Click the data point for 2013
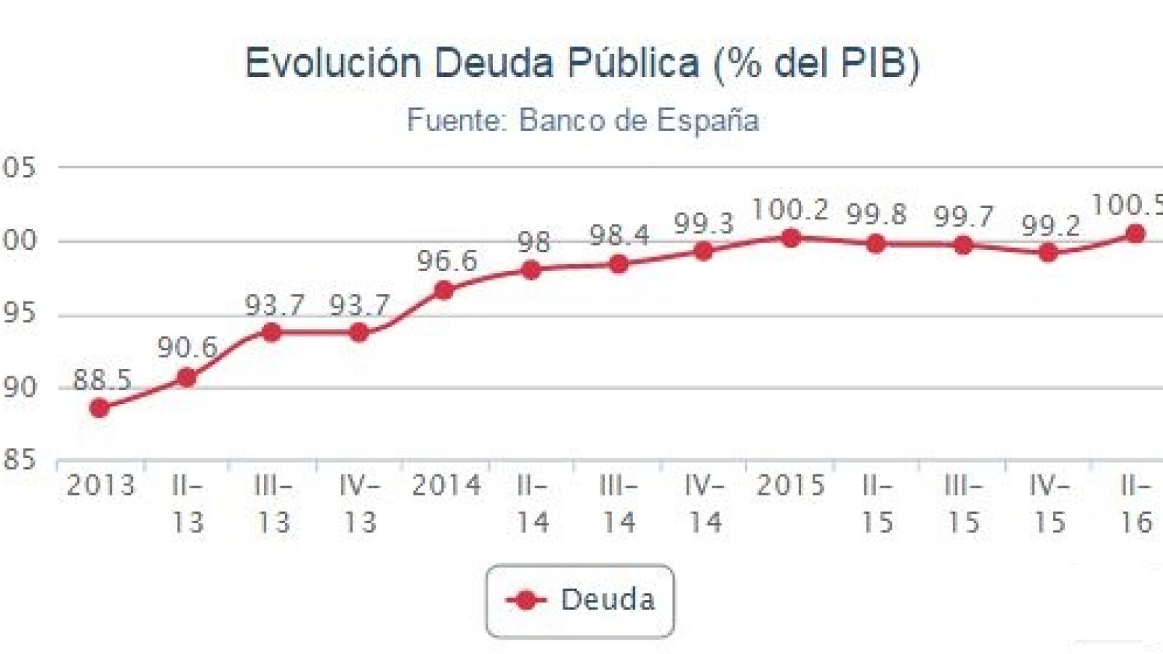pos(100,408)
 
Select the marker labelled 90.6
pos(187,377)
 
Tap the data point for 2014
pos(444,291)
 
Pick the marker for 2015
pos(791,238)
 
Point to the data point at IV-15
pos(1048,253)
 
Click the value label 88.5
pos(102,380)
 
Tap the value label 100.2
pos(790,210)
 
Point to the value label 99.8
pos(877,215)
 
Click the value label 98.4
pos(619,235)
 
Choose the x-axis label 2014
pos(446,485)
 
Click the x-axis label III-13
pos(273,504)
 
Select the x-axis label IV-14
pos(704,504)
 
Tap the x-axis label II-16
pos(1135,504)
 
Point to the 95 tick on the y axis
pos(19,314)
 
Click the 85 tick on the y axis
pos(19,459)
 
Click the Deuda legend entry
pos(580,600)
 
